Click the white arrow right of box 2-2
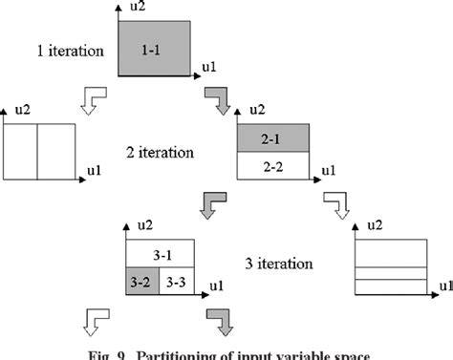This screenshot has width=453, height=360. pyautogui.click(x=335, y=204)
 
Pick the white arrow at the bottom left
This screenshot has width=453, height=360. pyautogui.click(x=97, y=320)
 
